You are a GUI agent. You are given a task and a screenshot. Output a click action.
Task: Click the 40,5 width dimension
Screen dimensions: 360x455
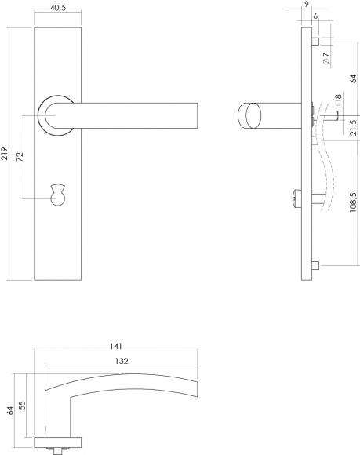(x=58, y=8)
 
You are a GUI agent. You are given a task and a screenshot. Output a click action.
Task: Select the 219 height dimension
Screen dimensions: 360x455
(x=5, y=154)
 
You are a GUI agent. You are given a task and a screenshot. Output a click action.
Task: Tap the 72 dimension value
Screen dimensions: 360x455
(x=20, y=157)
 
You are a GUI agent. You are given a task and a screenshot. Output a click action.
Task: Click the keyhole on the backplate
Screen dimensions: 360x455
(x=58, y=195)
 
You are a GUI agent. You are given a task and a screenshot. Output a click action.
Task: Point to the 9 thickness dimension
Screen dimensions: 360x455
(x=307, y=4)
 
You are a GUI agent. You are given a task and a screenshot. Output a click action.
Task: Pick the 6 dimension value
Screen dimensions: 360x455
(x=315, y=16)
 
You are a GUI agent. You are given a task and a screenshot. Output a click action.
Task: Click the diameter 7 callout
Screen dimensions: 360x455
(x=325, y=59)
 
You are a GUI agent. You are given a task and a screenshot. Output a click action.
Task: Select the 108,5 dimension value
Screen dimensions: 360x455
(x=353, y=202)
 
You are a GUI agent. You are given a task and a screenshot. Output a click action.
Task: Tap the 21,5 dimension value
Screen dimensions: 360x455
(x=353, y=128)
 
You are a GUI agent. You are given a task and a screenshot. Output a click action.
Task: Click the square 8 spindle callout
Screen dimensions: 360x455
(x=338, y=100)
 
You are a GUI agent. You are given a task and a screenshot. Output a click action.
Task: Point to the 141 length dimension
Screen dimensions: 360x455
(x=116, y=346)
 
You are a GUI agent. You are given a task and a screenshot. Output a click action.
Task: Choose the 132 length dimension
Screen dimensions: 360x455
(x=122, y=361)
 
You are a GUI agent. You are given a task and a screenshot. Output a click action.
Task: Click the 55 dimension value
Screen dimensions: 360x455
(x=22, y=405)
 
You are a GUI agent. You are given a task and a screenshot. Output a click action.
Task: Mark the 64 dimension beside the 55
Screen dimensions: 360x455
(x=10, y=410)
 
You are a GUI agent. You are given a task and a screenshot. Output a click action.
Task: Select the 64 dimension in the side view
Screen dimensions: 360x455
(x=353, y=78)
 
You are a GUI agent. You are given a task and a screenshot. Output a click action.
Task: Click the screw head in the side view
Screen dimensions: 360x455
(x=297, y=198)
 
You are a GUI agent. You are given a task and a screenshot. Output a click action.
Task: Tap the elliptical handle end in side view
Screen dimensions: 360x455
(x=251, y=115)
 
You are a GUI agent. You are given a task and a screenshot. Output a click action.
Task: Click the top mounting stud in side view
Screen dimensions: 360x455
(x=315, y=42)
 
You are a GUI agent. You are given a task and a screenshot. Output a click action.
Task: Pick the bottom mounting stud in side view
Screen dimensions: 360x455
(x=315, y=265)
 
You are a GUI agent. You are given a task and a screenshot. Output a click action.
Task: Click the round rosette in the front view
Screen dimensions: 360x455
(x=55, y=115)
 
